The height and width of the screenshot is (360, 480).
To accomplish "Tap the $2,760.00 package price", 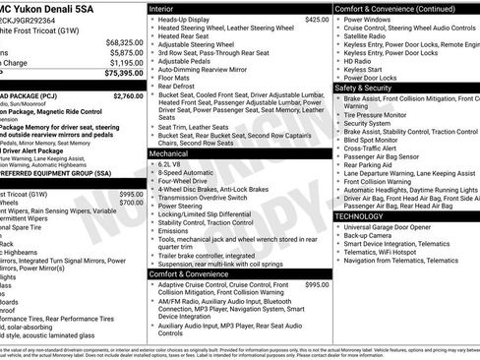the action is click(128, 96).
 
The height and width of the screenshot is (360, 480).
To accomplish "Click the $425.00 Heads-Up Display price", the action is click(317, 20).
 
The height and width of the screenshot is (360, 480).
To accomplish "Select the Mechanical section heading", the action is click(169, 154).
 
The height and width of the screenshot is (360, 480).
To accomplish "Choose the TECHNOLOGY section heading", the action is click(365, 215).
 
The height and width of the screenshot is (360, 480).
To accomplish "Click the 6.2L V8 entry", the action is click(172, 164).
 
